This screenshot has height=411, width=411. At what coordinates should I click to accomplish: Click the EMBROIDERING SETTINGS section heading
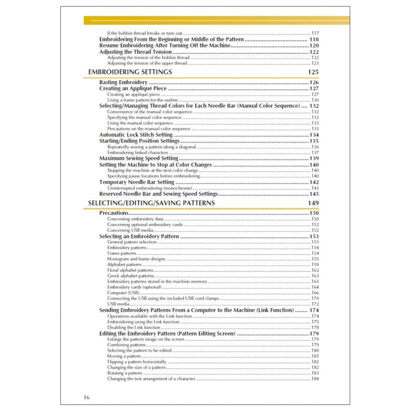pyautogui.click(x=130, y=72)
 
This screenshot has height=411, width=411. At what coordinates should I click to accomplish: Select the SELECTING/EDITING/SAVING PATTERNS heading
pyautogui.click(x=151, y=203)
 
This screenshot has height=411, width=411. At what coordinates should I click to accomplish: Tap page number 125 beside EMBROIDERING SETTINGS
pyautogui.click(x=313, y=72)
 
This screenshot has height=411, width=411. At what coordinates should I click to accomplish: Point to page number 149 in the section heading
pyautogui.click(x=313, y=203)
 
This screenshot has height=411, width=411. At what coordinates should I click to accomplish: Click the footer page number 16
pyautogui.click(x=87, y=397)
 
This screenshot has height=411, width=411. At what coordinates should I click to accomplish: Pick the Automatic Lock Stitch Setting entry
pyautogui.click(x=136, y=135)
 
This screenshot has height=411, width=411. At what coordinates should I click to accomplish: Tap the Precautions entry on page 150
pyautogui.click(x=113, y=213)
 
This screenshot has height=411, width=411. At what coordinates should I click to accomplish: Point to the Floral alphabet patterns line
pyautogui.click(x=130, y=270)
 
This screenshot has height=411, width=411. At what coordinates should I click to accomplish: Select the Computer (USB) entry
pyautogui.click(x=123, y=293)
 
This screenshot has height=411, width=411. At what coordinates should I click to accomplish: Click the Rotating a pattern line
pyautogui.click(x=125, y=373)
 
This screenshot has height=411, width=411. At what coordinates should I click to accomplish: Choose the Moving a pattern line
pyautogui.click(x=124, y=356)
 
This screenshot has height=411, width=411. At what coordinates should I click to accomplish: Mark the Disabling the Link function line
pyautogui.click(x=133, y=327)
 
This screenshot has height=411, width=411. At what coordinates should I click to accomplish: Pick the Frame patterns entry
pyautogui.click(x=122, y=253)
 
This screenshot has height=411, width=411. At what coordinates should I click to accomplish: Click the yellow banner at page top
pyautogui.click(x=216, y=20)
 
